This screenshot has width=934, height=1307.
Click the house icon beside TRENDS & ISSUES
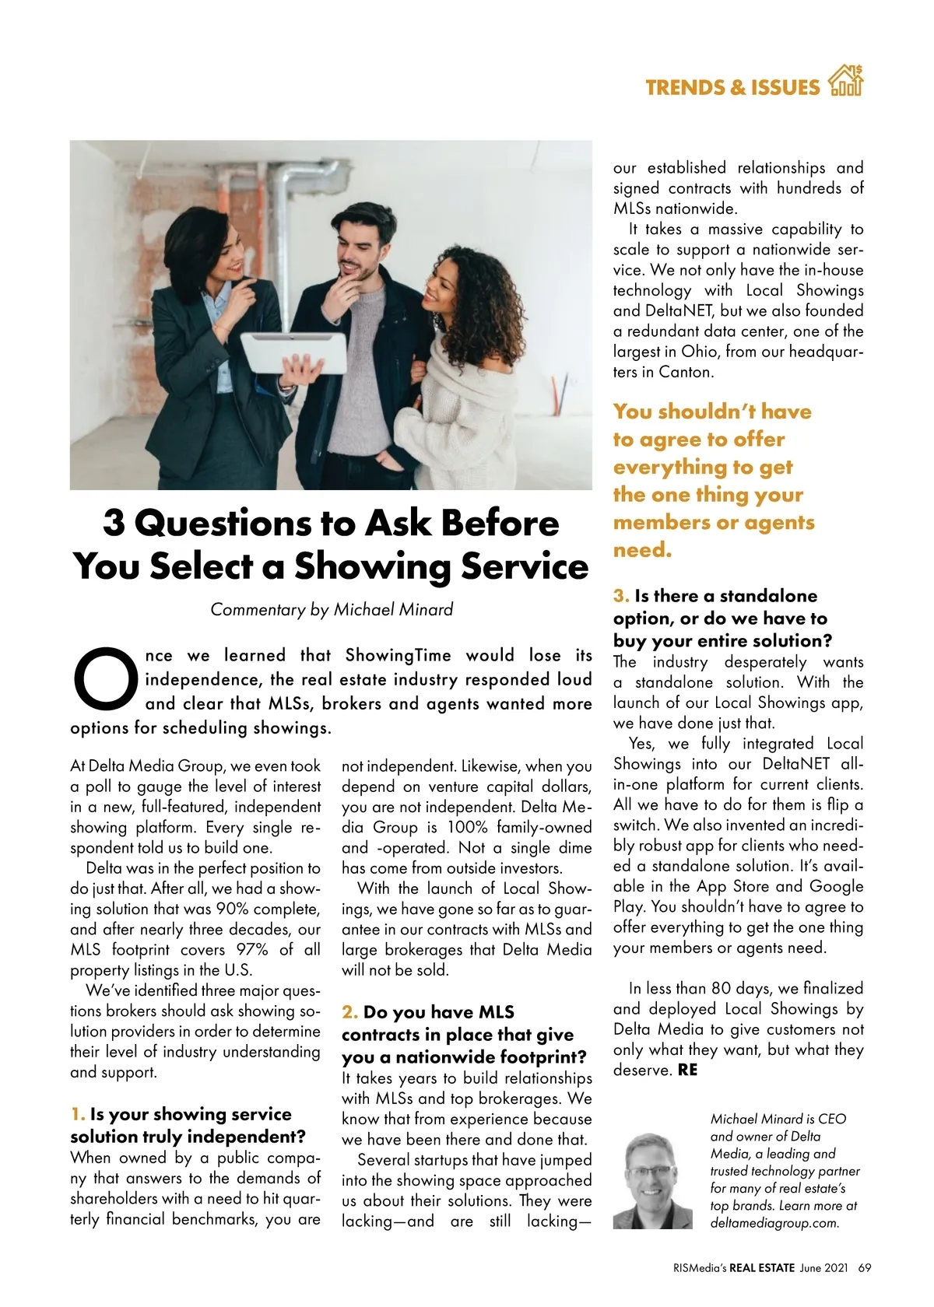click(x=846, y=82)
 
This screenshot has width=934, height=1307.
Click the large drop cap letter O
click(x=106, y=678)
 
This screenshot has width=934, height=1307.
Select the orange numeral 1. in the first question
click(x=78, y=1114)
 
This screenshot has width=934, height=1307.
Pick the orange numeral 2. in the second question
click(x=349, y=1012)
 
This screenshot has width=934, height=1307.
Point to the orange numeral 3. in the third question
click(x=621, y=596)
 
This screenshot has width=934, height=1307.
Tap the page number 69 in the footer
click(x=864, y=1267)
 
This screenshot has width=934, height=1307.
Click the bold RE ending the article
click(x=688, y=1070)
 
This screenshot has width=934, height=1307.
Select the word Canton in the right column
click(x=686, y=372)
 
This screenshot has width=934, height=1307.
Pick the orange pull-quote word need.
click(x=642, y=550)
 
